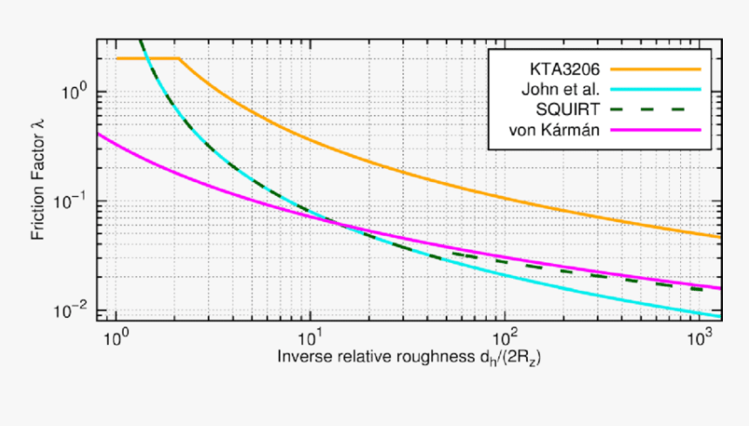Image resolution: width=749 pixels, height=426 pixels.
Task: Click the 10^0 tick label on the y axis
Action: [74, 91]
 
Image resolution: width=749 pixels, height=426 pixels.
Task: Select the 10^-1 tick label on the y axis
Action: [72, 201]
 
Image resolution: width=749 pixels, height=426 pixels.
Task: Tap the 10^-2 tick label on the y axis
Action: [72, 310]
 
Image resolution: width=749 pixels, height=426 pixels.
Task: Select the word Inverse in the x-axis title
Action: [300, 357]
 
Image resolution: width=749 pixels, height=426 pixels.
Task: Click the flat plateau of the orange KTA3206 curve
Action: [148, 58]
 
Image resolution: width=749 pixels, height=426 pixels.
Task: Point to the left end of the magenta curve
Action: [98, 135]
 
